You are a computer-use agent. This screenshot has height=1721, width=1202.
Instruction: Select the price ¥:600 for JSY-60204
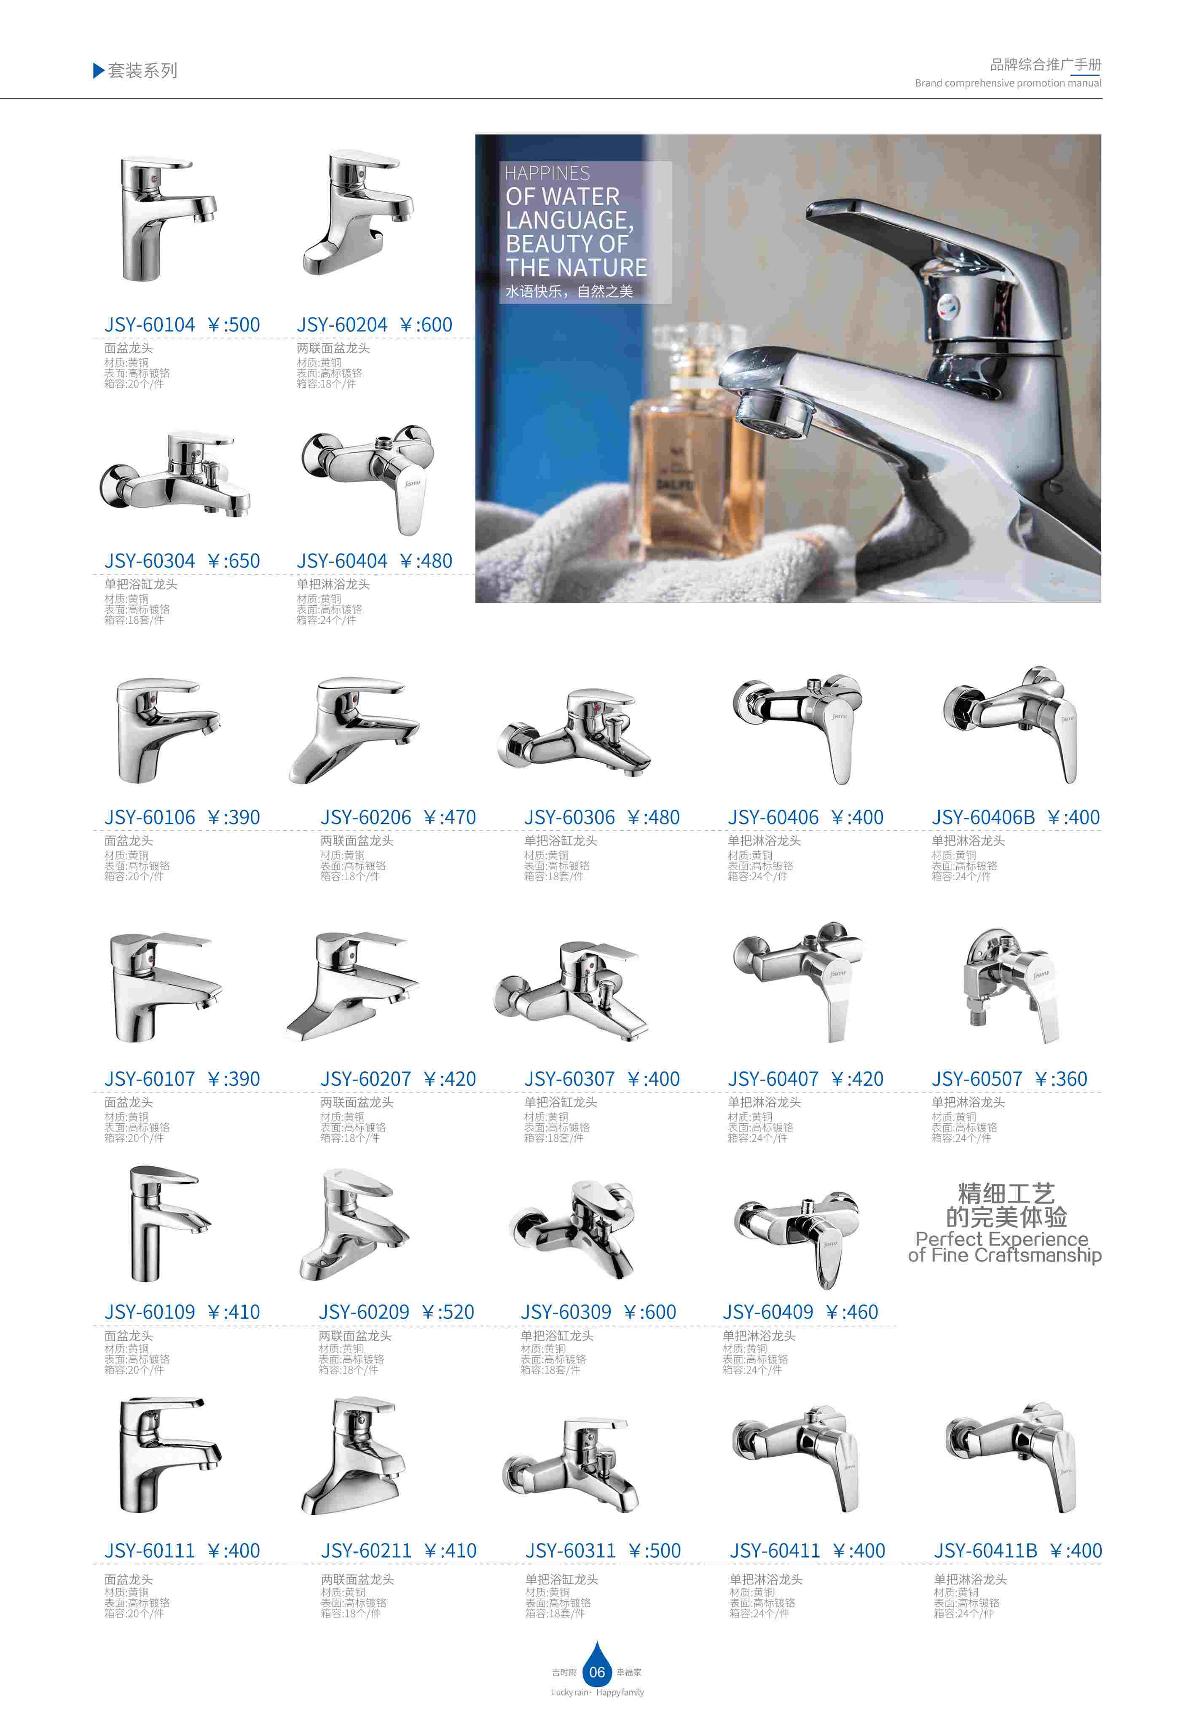tap(426, 325)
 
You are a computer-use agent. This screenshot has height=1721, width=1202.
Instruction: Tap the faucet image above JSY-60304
tap(175, 475)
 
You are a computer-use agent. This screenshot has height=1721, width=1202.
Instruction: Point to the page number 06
tap(596, 1672)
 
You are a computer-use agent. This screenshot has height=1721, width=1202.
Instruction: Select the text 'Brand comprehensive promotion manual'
tap(1008, 83)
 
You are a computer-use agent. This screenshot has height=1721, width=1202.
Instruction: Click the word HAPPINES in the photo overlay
tap(547, 173)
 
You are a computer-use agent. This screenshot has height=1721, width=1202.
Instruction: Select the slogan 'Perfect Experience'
tap(1001, 1239)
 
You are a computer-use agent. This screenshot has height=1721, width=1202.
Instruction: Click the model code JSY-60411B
tap(985, 1551)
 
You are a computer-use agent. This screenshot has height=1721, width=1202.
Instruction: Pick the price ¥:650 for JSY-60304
tap(233, 561)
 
